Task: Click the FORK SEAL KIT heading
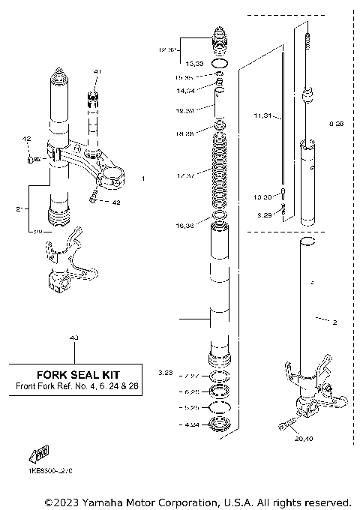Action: [x=79, y=373]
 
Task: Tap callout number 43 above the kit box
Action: [x=73, y=338]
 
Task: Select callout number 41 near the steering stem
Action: [x=97, y=71]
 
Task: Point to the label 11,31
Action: [x=262, y=116]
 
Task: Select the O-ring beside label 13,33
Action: [x=220, y=65]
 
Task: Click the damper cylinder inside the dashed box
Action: [x=309, y=180]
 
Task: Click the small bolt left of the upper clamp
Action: [x=31, y=158]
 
